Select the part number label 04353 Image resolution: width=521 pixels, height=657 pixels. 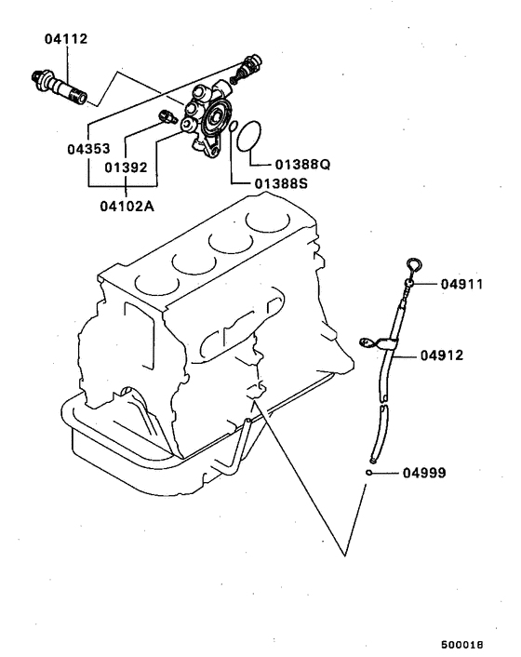coord(90,148)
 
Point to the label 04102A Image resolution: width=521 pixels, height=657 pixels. coord(125,206)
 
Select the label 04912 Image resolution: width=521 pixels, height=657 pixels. coord(442,355)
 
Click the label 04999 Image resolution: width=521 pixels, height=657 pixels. coord(424,473)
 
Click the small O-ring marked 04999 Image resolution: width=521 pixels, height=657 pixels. coord(370,472)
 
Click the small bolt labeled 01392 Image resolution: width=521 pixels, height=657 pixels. coord(168,117)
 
